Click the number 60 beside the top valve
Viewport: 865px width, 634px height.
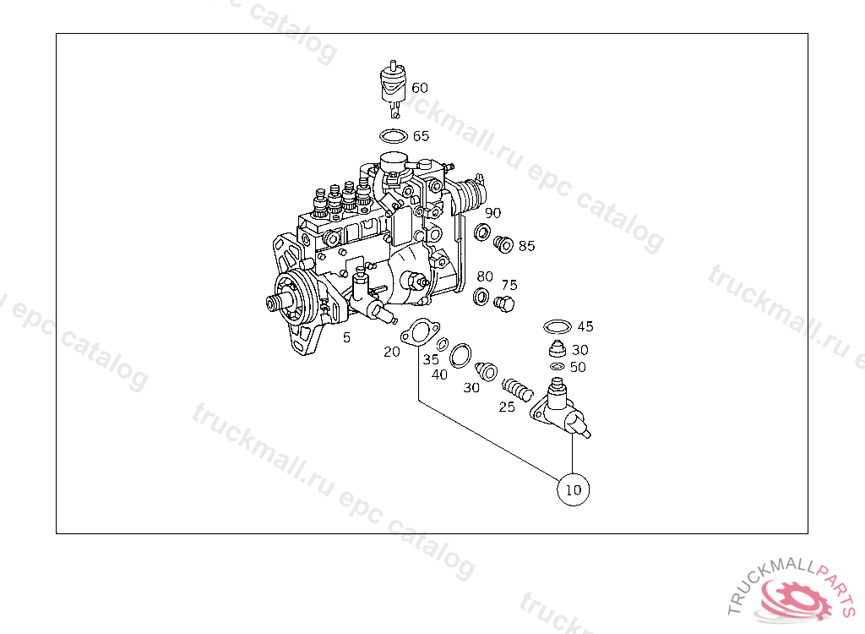[420, 88]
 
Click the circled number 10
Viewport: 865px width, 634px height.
[573, 489]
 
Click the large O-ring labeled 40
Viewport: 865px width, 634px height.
[461, 356]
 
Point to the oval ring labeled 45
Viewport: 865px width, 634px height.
[557, 327]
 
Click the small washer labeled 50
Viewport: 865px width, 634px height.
[557, 367]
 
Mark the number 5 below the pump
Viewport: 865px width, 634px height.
[345, 338]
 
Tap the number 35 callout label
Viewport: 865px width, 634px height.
[431, 359]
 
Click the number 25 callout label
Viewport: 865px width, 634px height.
[506, 407]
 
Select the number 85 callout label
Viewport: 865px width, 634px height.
[527, 247]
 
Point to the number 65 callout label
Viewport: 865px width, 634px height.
[421, 136]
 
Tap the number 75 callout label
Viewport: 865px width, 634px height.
[509, 285]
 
